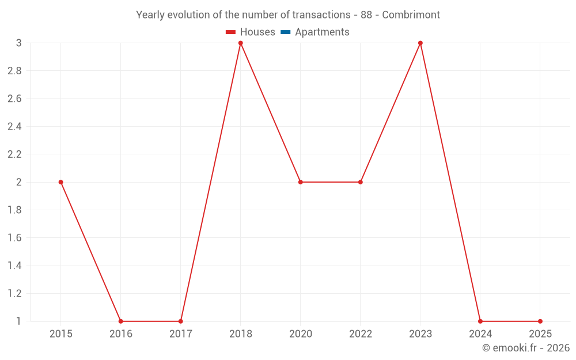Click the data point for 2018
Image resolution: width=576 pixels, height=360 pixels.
241,43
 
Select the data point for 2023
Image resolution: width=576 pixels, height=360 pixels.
420,43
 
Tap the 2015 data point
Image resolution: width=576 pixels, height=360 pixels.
60,182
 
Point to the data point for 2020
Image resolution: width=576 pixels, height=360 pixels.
301,182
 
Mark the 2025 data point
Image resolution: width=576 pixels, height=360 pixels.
540,321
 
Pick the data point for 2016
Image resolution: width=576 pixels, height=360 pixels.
120,321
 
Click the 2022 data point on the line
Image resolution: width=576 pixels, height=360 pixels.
361,182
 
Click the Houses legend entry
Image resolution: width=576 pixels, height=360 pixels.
251,32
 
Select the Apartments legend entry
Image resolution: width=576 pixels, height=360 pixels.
315,32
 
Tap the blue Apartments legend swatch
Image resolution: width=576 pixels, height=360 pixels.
286,32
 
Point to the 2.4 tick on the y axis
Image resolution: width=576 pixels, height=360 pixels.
15,127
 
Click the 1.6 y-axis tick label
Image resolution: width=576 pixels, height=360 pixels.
15,238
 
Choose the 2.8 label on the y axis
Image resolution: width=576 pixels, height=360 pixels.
15,71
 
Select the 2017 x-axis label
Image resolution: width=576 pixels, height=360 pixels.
181,334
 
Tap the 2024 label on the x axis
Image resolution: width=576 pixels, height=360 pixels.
480,334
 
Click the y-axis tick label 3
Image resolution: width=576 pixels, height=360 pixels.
19,43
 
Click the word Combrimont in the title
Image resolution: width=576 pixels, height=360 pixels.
411,15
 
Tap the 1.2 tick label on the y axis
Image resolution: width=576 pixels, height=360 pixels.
15,294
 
